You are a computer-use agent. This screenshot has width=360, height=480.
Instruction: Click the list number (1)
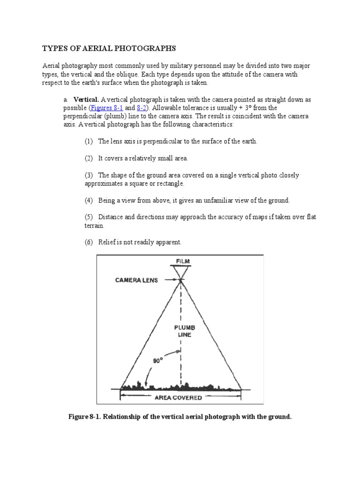pyautogui.click(x=89, y=141)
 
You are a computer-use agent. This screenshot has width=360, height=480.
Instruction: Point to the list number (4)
pyautogui.click(x=89, y=200)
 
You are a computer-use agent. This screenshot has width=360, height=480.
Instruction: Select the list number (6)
pyautogui.click(x=89, y=242)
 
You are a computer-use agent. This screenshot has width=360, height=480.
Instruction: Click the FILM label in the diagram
pyautogui.click(x=180, y=261)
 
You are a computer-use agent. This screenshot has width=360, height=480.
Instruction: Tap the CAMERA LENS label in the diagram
pyautogui.click(x=137, y=280)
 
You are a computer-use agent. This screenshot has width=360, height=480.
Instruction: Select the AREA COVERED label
pyautogui.click(x=178, y=398)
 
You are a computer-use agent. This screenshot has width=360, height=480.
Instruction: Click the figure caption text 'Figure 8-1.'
pyautogui.click(x=88, y=416)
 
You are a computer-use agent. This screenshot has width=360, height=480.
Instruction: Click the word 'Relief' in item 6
pyautogui.click(x=107, y=242)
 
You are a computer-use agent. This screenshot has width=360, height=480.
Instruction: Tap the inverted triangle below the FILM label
pyautogui.click(x=180, y=271)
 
